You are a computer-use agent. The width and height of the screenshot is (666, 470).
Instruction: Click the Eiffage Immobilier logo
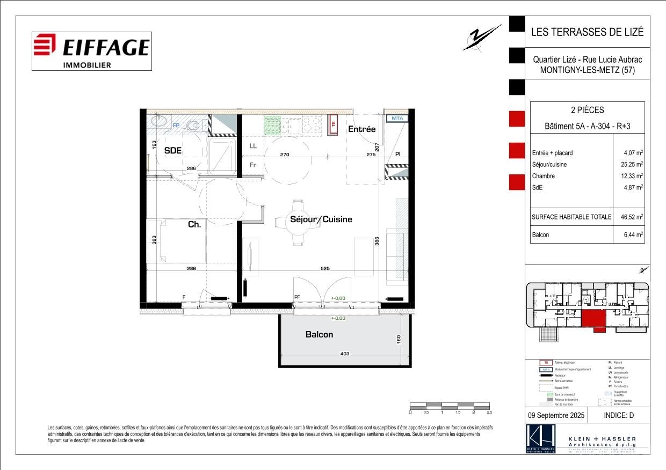tap(91, 51)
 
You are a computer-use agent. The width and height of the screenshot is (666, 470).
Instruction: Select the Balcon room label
tap(319, 334)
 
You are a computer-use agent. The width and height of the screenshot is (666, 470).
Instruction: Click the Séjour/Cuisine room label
tap(321, 219)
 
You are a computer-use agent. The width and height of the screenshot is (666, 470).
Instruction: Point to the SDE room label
tap(173, 151)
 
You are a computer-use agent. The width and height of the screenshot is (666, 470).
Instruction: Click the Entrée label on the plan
tap(361, 129)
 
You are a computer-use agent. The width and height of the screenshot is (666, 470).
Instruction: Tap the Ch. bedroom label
tap(194, 224)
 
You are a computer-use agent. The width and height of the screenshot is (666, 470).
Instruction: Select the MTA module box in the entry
tap(397, 118)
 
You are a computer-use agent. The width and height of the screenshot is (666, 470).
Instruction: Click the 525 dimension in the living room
tap(324, 268)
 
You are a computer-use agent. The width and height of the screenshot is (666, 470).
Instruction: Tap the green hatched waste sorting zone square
tap(272, 125)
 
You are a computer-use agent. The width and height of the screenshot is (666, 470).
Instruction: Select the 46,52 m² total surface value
tap(632, 217)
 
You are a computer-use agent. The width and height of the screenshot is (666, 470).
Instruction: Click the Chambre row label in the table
tap(543, 176)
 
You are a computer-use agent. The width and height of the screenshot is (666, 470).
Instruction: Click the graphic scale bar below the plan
tap(450, 405)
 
